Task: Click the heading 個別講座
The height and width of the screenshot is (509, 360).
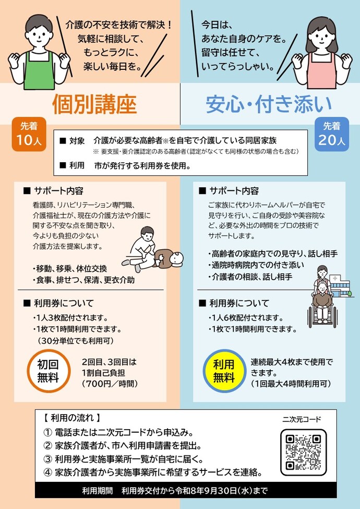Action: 94,104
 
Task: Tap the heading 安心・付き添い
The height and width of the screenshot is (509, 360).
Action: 269,104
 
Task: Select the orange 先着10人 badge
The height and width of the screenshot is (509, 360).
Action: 29,135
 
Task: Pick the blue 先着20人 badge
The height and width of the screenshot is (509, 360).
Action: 331,135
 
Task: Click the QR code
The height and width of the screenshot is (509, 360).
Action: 303,451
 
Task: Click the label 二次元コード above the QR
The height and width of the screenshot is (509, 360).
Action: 302,419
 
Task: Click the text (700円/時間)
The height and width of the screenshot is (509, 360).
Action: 109,384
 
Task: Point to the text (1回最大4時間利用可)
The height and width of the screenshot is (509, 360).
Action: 291,384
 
